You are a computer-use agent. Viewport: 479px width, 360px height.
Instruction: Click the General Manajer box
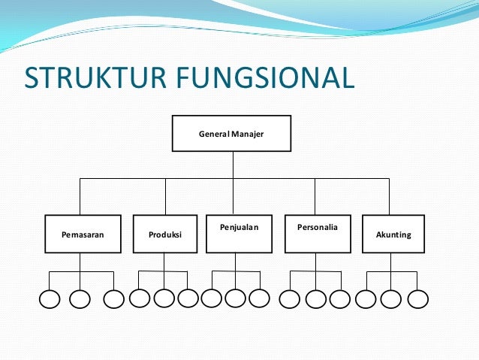231,134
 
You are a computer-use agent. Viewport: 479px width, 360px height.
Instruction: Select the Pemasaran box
83,234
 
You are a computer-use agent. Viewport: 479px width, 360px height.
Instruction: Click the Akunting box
393,234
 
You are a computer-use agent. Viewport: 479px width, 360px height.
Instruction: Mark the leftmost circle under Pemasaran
49,299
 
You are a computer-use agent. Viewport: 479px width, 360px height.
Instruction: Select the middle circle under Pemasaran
80,299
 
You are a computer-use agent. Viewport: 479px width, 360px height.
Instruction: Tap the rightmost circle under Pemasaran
113,299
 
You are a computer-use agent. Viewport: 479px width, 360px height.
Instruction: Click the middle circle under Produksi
164,298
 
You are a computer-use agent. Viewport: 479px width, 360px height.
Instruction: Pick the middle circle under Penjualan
235,298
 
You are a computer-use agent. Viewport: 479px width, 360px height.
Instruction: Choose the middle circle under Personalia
316,299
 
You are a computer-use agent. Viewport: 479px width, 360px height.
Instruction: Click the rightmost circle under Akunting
417,298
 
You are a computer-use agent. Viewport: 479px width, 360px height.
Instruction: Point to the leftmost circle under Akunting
366,298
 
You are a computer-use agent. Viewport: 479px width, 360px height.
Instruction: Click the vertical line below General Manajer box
233,165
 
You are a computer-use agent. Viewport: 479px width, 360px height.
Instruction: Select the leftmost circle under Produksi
140,298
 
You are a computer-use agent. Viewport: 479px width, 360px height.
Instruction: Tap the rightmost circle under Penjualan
259,298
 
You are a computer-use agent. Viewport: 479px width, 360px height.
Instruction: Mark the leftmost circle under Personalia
289,299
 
